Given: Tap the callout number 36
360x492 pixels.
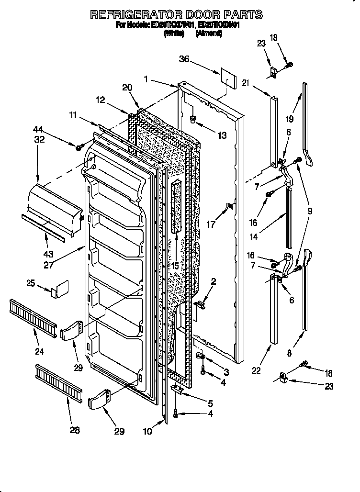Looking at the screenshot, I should click(184, 59).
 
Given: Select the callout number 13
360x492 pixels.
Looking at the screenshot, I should click(221, 136).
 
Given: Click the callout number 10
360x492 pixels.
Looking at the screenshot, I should click(147, 431).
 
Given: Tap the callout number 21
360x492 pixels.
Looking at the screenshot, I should click(245, 83).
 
